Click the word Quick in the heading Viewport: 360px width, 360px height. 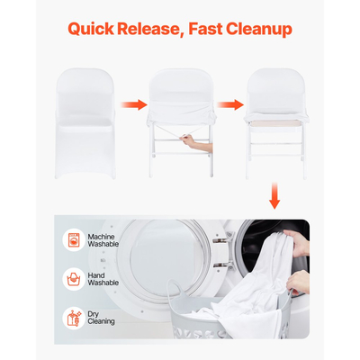coord(91,29)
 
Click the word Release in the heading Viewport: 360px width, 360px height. coord(150,30)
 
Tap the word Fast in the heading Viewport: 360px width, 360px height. coord(205,29)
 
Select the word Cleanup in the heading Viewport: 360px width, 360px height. coord(259,30)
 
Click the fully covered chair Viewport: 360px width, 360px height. coord(85,123)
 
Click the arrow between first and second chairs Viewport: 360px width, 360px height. coord(134,104)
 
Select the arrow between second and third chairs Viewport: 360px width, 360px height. coord(230,104)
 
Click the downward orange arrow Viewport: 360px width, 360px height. coord(274,195)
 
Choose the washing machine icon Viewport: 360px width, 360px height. coord(74,240)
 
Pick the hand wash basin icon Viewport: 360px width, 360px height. coord(74,279)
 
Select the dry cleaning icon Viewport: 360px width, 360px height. coord(74,318)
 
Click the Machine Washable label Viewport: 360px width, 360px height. coord(103,240)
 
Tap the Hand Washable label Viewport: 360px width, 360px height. coord(103,279)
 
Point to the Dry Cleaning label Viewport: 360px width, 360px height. coord(101,318)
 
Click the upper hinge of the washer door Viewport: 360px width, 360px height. coord(222,239)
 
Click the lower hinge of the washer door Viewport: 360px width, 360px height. coord(222,265)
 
